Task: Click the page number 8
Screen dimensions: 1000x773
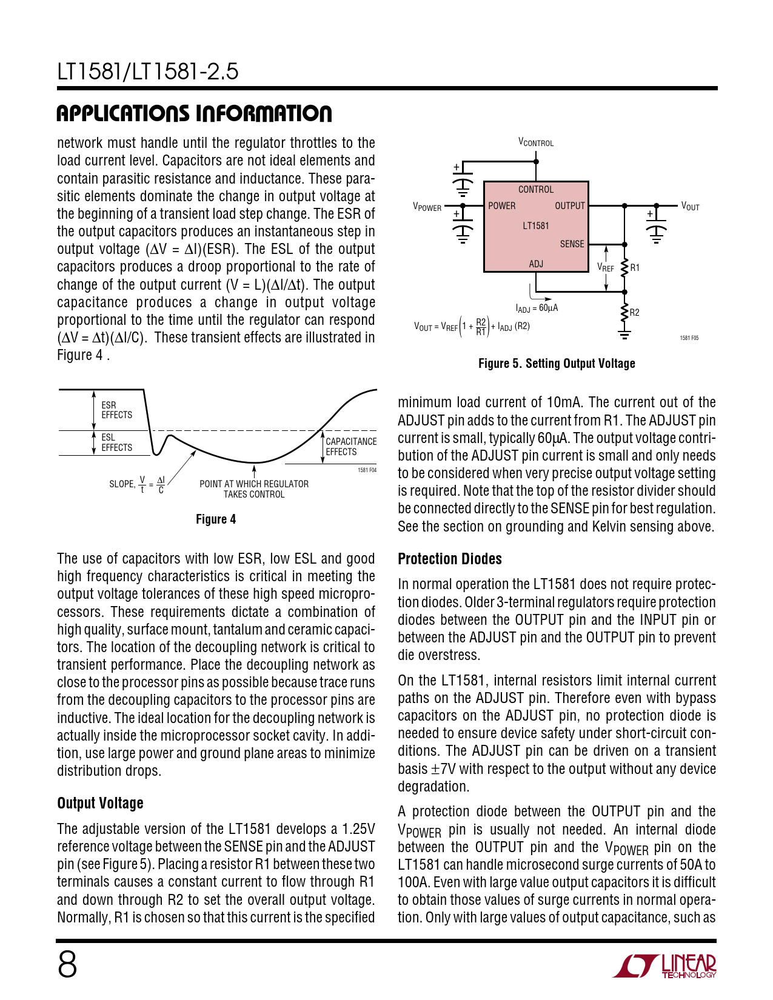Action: (x=67, y=964)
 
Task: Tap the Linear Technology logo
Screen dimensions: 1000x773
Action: (x=664, y=966)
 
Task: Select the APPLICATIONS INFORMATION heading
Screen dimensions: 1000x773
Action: (x=194, y=113)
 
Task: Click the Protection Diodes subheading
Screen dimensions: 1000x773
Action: (x=450, y=559)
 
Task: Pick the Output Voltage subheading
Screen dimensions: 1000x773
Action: (x=100, y=803)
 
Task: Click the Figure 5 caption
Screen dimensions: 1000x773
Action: (x=557, y=364)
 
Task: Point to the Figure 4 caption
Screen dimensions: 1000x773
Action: (x=216, y=519)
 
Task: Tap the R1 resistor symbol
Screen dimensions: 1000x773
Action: (x=624, y=267)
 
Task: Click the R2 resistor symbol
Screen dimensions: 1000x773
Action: (x=624, y=312)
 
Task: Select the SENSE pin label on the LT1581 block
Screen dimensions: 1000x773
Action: (x=572, y=244)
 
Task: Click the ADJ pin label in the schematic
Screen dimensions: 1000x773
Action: (x=536, y=264)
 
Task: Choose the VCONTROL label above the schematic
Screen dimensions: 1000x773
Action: (x=536, y=142)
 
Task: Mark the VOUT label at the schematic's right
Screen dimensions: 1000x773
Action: (x=690, y=207)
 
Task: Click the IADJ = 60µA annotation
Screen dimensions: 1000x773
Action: (x=537, y=308)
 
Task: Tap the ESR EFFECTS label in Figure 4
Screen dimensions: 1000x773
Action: (x=116, y=410)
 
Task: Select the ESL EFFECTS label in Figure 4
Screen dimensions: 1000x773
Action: (x=116, y=442)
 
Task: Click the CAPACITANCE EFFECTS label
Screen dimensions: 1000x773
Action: (x=350, y=447)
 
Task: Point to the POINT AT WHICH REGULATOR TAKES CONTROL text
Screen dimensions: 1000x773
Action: (x=254, y=489)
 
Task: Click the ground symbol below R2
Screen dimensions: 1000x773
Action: (x=624, y=333)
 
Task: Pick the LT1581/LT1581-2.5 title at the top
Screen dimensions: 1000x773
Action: (x=148, y=72)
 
